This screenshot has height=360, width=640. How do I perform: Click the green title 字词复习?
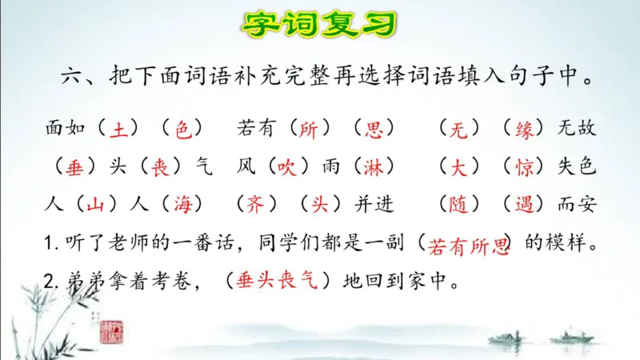320,24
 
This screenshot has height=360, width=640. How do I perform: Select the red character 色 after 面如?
183,128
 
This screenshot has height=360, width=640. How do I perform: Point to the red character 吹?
286,167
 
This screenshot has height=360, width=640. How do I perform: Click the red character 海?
182,205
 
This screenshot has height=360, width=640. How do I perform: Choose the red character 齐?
254,205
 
